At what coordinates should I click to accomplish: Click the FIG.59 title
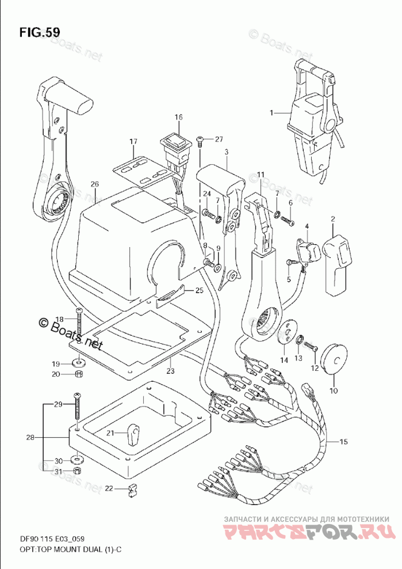(40, 32)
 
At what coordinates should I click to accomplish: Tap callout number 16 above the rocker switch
(179, 117)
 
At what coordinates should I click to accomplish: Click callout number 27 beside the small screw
(219, 139)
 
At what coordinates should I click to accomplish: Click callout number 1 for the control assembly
(271, 113)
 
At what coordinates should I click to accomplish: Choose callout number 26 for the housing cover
(95, 184)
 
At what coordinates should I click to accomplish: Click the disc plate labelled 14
(287, 331)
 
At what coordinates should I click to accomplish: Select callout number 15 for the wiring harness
(343, 441)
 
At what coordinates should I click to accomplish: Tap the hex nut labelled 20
(79, 374)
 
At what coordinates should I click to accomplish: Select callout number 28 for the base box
(30, 438)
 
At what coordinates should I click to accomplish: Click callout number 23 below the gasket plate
(170, 371)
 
